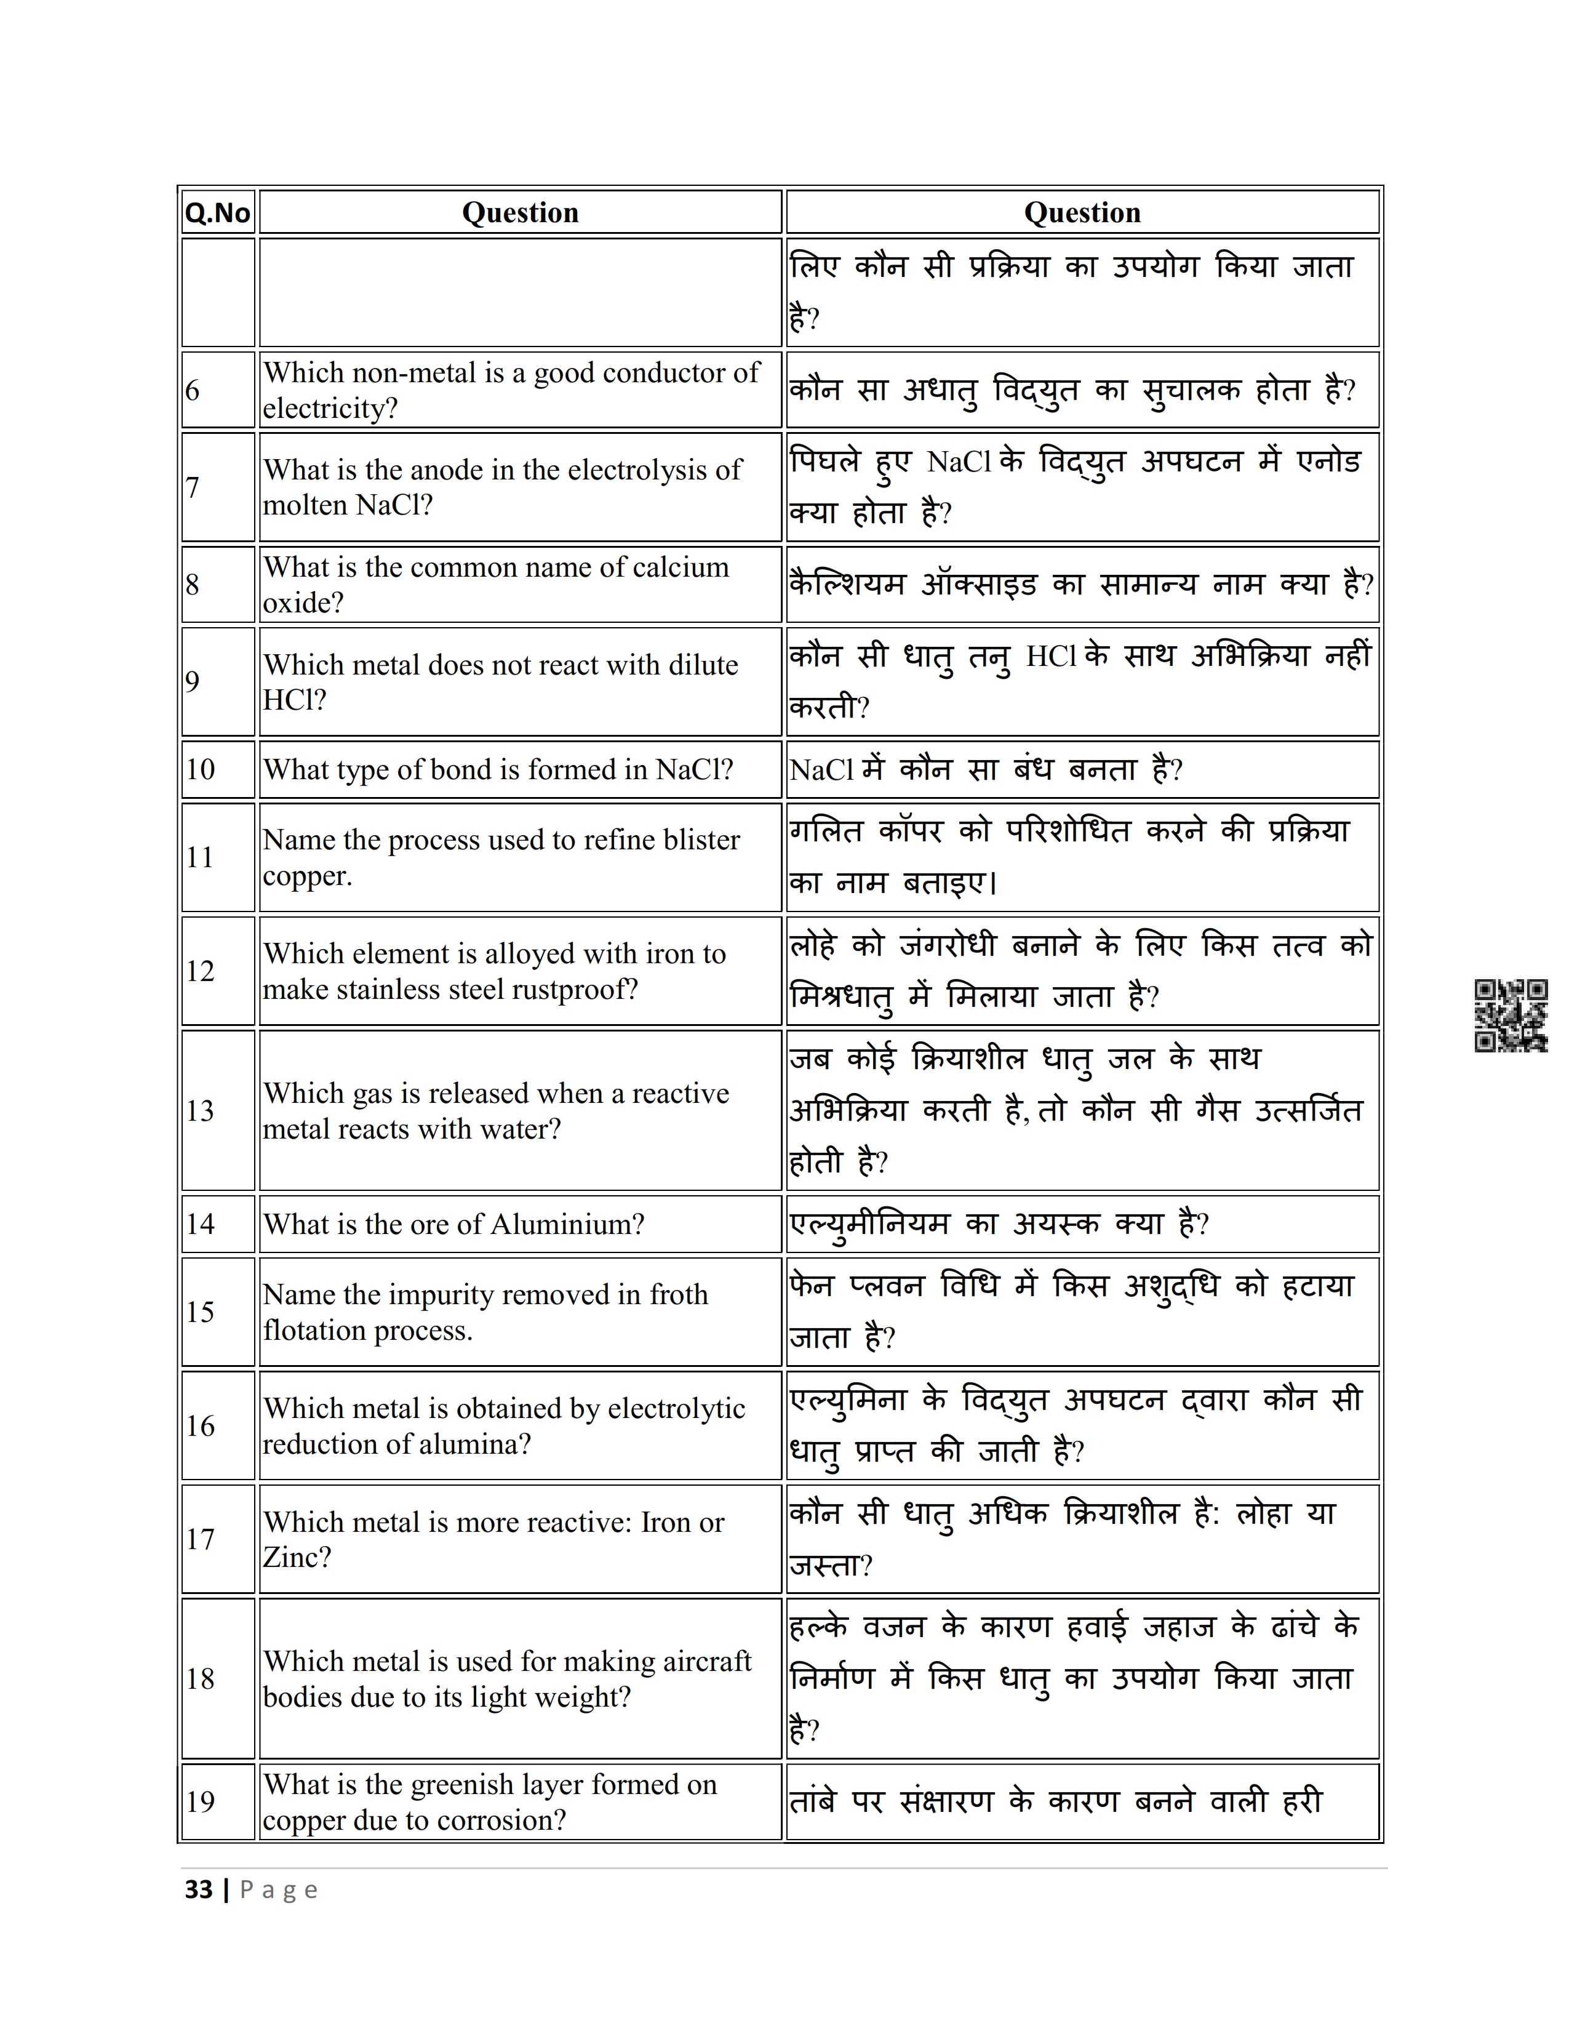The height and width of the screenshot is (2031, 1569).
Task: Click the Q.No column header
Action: click(x=217, y=213)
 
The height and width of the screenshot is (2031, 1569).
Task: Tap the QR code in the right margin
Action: click(x=1511, y=1015)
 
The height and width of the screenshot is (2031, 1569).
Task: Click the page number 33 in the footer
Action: click(x=199, y=1889)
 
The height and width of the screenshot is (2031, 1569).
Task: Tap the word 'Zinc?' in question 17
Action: click(x=297, y=1558)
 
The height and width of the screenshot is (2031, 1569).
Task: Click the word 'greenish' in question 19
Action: click(x=468, y=1785)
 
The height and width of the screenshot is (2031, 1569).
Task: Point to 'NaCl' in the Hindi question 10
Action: click(x=821, y=770)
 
